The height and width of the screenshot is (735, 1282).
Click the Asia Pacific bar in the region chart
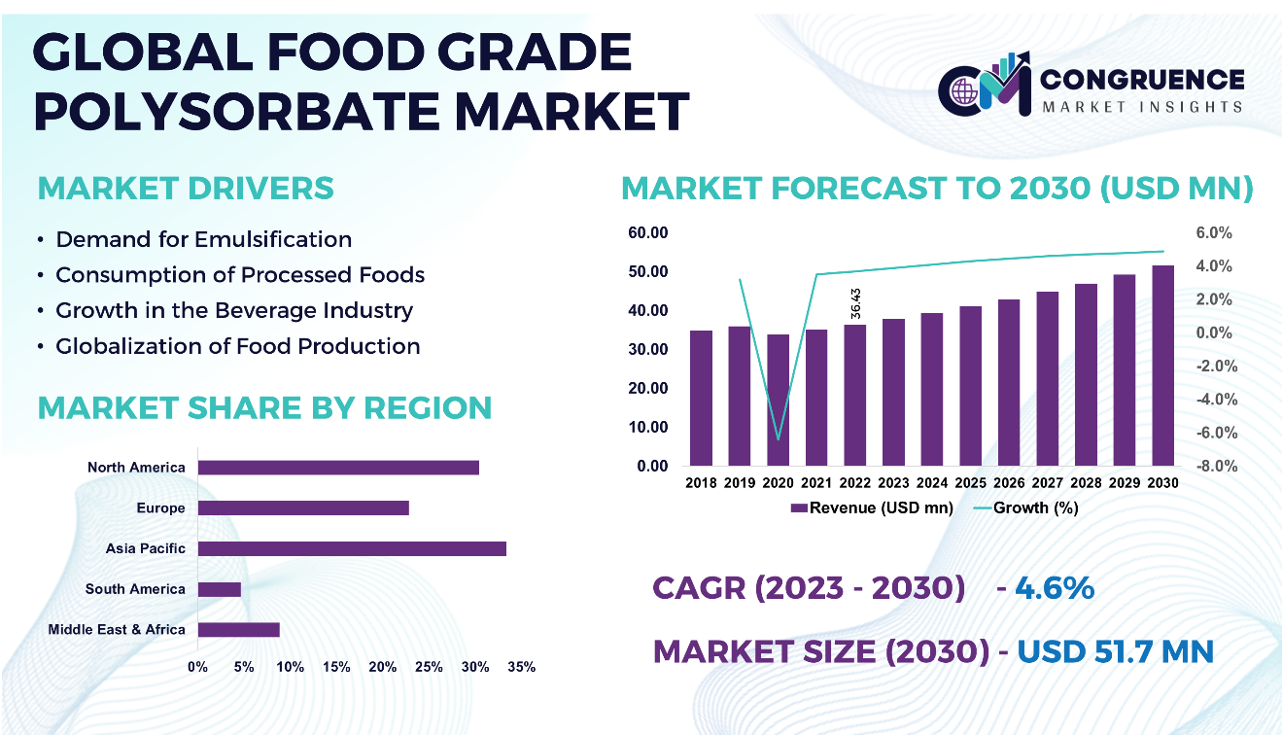(x=352, y=548)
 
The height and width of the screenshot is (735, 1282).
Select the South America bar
(x=219, y=589)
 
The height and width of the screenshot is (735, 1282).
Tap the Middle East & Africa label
(x=117, y=629)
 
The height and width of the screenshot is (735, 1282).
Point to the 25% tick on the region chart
(x=429, y=667)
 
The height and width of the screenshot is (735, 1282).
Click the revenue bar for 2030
(x=1162, y=366)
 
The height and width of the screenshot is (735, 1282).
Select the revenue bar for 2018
(x=701, y=398)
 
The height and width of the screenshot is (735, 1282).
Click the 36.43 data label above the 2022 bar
(x=854, y=303)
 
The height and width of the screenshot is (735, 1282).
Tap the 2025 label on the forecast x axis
(x=970, y=482)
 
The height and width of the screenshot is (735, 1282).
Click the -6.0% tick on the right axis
(x=1216, y=433)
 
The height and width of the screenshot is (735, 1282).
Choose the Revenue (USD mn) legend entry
(x=872, y=507)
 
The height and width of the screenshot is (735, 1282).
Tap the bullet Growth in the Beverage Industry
(x=234, y=310)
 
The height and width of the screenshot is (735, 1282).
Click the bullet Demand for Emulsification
(x=203, y=239)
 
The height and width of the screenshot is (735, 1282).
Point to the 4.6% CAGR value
(x=1055, y=588)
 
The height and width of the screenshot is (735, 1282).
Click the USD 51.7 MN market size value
(x=1115, y=650)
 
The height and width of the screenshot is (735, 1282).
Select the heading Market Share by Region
(x=263, y=408)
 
